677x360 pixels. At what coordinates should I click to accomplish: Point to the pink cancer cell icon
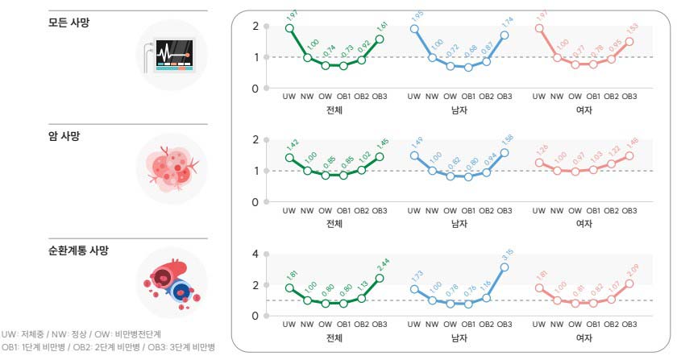tap(172, 168)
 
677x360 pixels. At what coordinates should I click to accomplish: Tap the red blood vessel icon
tap(171, 283)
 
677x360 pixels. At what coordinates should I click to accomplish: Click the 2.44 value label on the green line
tap(381, 264)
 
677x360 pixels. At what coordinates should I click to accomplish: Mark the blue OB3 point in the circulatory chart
tap(505, 267)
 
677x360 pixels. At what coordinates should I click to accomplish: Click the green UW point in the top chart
tap(289, 28)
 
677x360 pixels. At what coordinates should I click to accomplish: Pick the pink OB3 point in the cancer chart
tap(629, 156)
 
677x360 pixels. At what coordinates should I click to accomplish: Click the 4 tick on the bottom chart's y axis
tap(255, 254)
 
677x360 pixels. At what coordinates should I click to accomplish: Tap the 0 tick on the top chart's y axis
tap(255, 89)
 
